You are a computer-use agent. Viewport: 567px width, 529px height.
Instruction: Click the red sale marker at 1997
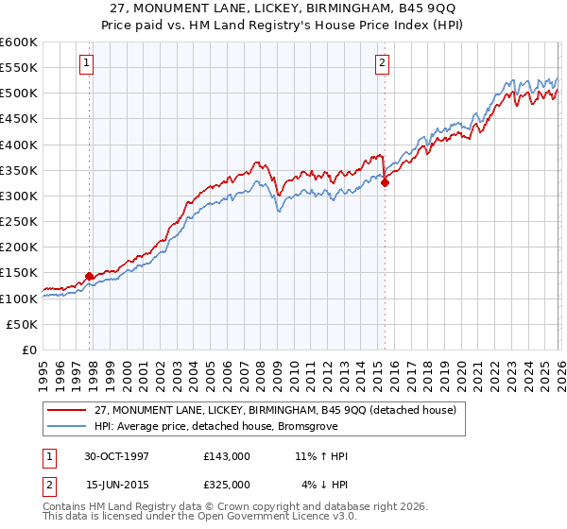[90, 276]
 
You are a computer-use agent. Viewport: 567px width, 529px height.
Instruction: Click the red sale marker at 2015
[385, 183]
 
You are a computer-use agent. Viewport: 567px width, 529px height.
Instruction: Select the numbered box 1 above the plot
[86, 63]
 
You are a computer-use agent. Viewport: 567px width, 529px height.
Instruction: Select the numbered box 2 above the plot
[382, 63]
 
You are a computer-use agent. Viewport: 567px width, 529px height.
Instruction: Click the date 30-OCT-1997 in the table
[117, 456]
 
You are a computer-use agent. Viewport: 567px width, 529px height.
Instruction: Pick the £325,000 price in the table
[227, 485]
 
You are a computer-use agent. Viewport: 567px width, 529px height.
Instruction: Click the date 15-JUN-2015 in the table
[117, 485]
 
